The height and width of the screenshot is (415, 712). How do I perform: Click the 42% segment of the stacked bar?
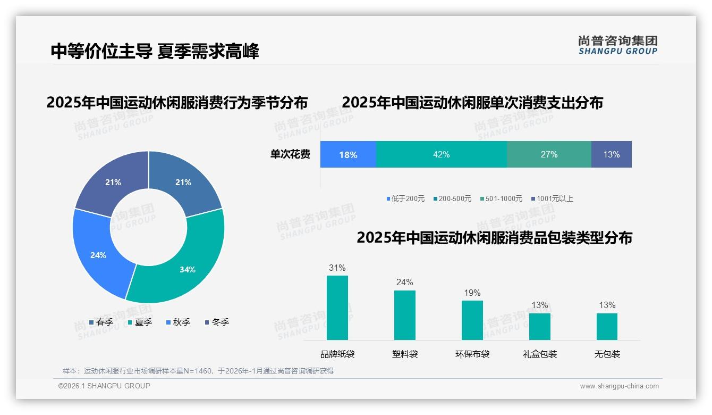click(441, 154)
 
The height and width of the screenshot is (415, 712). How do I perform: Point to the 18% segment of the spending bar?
click(348, 154)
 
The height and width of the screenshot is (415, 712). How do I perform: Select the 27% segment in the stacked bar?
click(549, 154)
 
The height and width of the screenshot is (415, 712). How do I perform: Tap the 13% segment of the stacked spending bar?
click(611, 154)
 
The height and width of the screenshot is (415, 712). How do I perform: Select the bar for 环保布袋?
click(472, 320)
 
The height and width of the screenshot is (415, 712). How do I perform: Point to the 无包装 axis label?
click(607, 354)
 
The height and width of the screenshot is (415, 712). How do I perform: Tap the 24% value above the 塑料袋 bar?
click(404, 282)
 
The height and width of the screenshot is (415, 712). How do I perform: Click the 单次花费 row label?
click(290, 154)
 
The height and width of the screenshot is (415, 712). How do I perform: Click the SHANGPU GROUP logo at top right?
click(617, 45)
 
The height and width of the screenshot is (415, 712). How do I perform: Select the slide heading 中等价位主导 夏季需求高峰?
click(155, 51)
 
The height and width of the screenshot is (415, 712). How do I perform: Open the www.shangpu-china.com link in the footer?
click(619, 386)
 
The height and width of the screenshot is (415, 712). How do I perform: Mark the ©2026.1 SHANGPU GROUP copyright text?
click(104, 386)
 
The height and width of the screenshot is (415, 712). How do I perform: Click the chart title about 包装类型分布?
click(494, 238)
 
